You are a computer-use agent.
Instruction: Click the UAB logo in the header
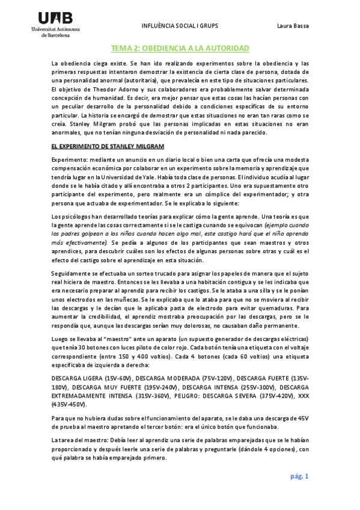(55, 19)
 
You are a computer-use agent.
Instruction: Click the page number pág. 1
(299, 476)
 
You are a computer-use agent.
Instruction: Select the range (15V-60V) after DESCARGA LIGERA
(117, 378)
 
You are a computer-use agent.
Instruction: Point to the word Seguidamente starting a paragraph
(73, 274)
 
